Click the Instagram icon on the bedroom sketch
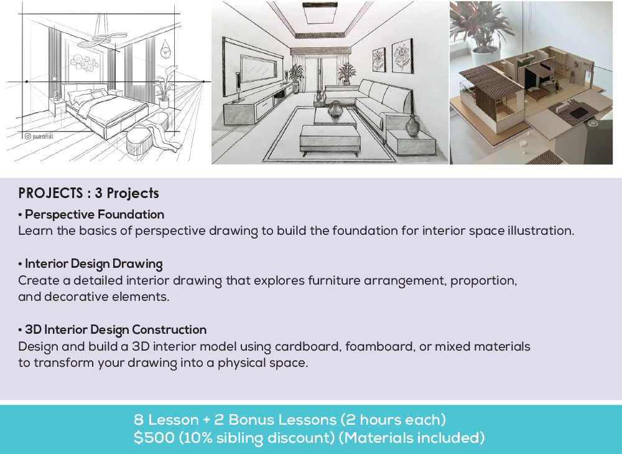pos(28,136)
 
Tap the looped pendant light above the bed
pos(100,37)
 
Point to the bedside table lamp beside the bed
pos(57,95)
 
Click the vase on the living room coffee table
pos(335,110)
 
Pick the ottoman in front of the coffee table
pos(329,139)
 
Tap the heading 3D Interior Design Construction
pos(115,329)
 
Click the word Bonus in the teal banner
pos(236,420)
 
